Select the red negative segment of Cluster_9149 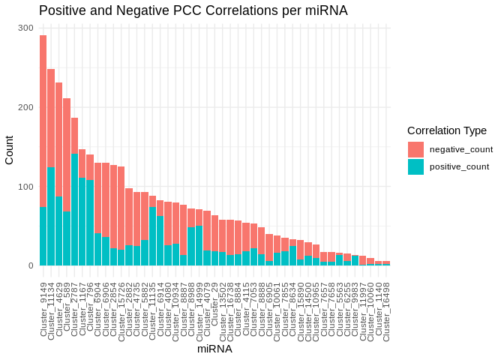(43, 121)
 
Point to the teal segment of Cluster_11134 (51, 217)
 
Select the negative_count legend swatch (415, 149)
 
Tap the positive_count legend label (460, 166)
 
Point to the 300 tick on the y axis (26, 28)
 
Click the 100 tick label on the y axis (26, 187)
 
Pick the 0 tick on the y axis (31, 265)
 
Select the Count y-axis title (9, 147)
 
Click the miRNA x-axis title (214, 349)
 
